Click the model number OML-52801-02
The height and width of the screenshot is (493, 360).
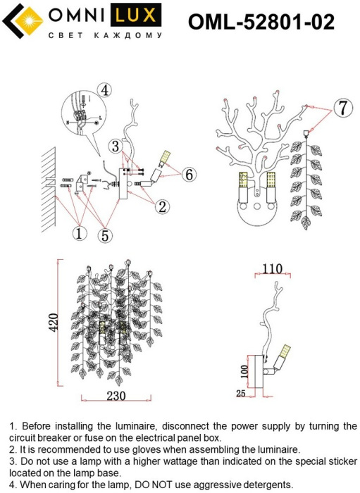tap(261, 22)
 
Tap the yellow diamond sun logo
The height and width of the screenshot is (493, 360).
tap(30, 20)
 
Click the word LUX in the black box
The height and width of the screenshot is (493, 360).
tap(136, 15)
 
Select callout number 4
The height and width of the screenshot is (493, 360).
tap(105, 90)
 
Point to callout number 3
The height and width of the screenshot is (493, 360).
tap(116, 146)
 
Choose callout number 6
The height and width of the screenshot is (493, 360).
tap(190, 175)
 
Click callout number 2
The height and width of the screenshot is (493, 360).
tap(162, 206)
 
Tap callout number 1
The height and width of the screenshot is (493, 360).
tap(79, 233)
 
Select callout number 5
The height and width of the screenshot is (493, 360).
tap(105, 235)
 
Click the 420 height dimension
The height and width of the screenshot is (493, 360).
tap(54, 323)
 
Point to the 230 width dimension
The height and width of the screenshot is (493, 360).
tap(116, 396)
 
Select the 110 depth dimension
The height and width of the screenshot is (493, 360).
tap(272, 269)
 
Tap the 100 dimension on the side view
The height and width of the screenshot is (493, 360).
tap(244, 372)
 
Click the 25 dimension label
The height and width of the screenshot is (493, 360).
tap(240, 393)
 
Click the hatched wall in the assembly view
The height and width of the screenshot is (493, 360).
tap(49, 189)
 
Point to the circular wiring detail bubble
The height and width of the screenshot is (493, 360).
tap(84, 114)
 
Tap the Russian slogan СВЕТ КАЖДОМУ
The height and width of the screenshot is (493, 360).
tap(105, 35)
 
